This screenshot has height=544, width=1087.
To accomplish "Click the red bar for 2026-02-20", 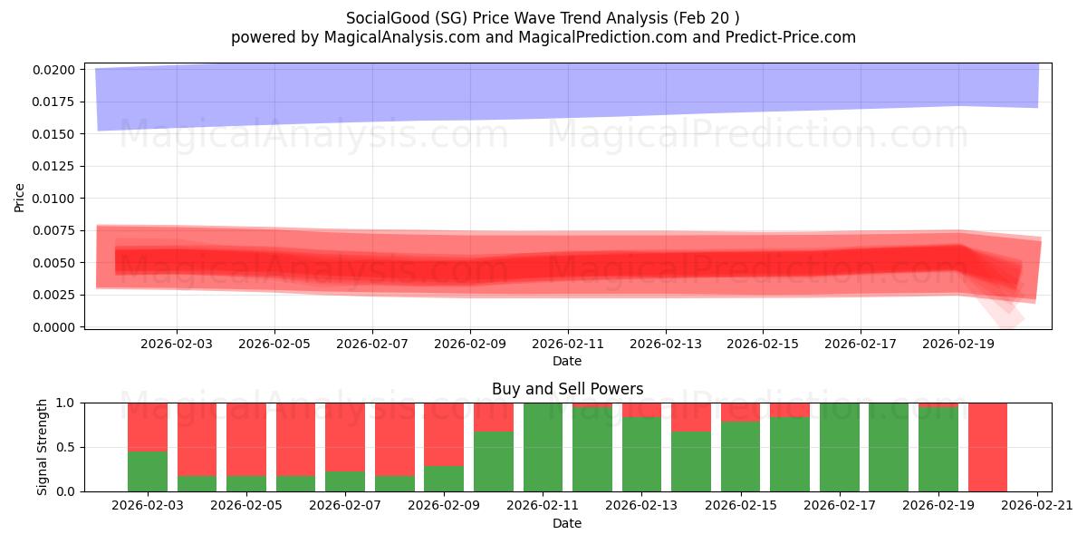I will tap(987, 447).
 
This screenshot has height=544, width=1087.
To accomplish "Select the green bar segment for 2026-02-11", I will tap(543, 447).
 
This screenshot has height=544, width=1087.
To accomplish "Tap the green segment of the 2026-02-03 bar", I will tap(148, 471).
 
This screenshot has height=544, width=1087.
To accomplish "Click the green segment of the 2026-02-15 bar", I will tap(740, 457).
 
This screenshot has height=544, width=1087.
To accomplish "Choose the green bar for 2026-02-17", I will tap(839, 447).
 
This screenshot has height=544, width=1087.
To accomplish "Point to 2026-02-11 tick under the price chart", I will tap(568, 344).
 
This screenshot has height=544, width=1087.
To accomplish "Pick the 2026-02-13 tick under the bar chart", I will tap(641, 505).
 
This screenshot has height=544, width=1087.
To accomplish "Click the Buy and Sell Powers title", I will tap(567, 389).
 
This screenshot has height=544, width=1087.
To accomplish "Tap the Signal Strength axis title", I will tap(42, 447).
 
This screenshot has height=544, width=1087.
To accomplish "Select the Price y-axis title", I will tap(20, 198).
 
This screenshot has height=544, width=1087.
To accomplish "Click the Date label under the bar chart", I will tap(567, 523).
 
